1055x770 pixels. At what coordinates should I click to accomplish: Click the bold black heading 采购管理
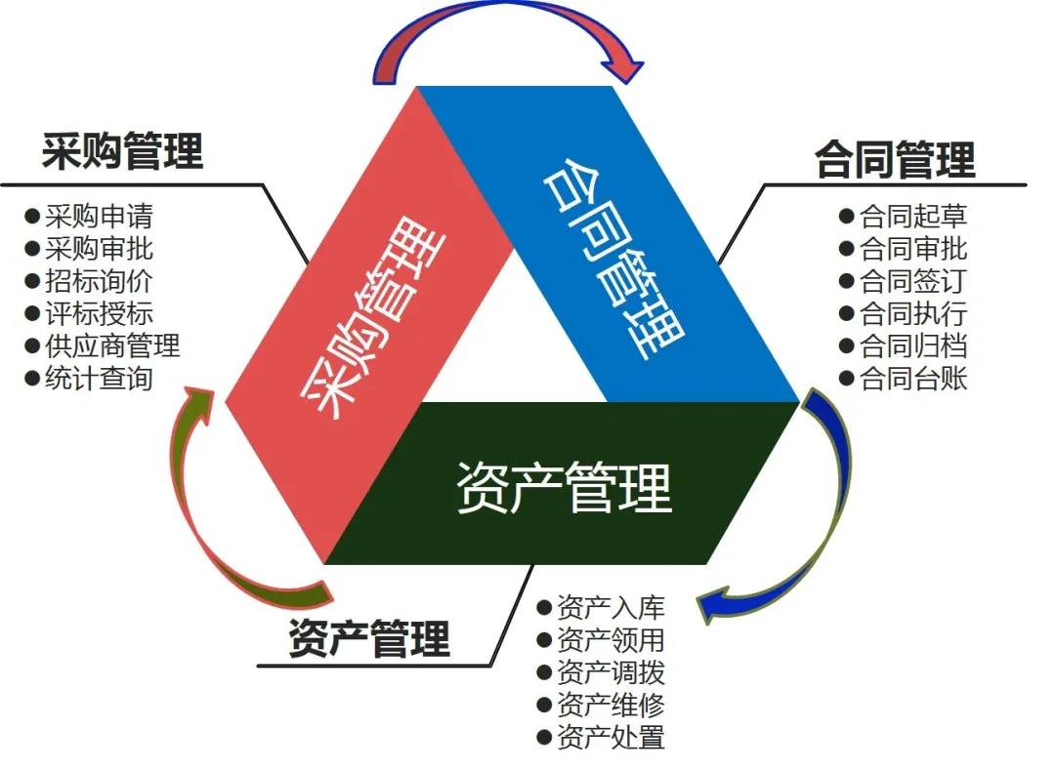coord(122,152)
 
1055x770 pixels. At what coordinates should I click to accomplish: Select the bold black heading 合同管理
coord(895,160)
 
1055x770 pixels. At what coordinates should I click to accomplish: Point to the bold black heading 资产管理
coord(369,640)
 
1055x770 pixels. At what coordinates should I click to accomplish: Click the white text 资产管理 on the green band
coord(565,487)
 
